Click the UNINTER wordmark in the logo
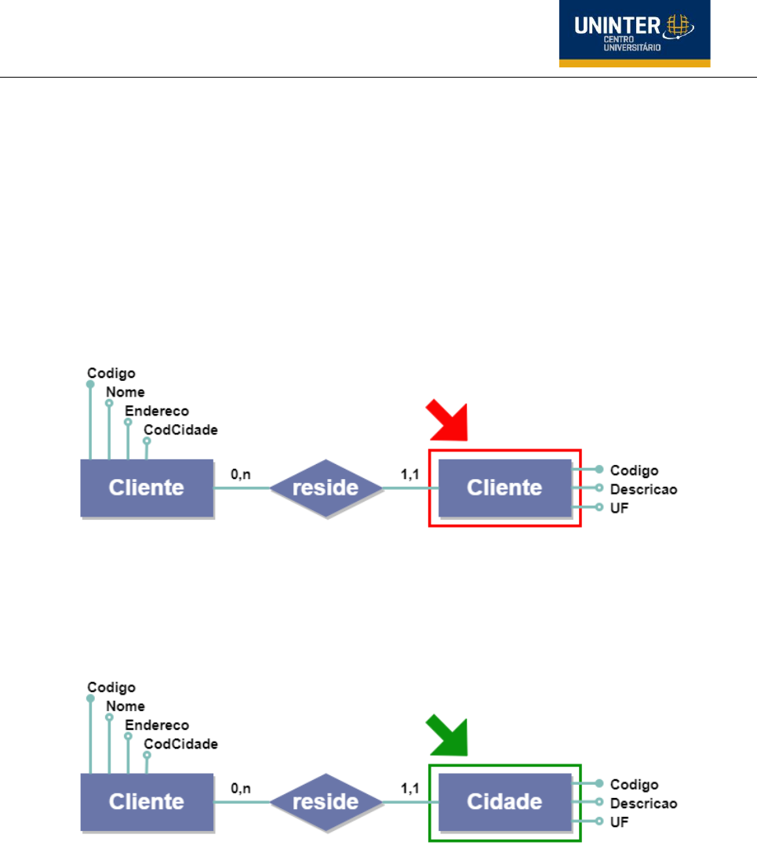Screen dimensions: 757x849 pyautogui.click(x=617, y=25)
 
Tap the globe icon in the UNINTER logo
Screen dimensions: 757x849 pyautogui.click(x=679, y=26)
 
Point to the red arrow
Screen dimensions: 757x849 pyautogui.click(x=447, y=420)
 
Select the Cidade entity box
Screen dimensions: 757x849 pyautogui.click(x=504, y=801)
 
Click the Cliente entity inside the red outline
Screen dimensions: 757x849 pyautogui.click(x=504, y=488)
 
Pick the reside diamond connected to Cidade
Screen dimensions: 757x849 pyautogui.click(x=326, y=802)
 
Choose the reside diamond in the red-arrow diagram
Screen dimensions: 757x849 pyautogui.click(x=326, y=488)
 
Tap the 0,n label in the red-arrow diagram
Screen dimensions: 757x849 pyautogui.click(x=241, y=474)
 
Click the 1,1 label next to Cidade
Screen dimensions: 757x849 pyautogui.click(x=409, y=789)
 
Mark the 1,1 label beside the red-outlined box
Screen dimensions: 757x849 pyautogui.click(x=409, y=474)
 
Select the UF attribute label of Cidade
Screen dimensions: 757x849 pyautogui.click(x=620, y=822)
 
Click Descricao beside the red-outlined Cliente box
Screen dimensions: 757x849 pyautogui.click(x=644, y=489)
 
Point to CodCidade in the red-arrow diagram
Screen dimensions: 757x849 pyautogui.click(x=180, y=430)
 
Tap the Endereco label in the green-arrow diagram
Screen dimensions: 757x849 pyautogui.click(x=157, y=725)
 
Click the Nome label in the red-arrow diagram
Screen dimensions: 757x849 pyautogui.click(x=126, y=392)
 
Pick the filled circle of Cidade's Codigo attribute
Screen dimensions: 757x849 pyautogui.click(x=599, y=783)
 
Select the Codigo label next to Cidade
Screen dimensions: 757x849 pyautogui.click(x=634, y=785)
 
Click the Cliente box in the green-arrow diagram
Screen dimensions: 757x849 pyautogui.click(x=147, y=801)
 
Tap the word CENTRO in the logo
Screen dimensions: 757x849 pyautogui.click(x=619, y=39)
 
